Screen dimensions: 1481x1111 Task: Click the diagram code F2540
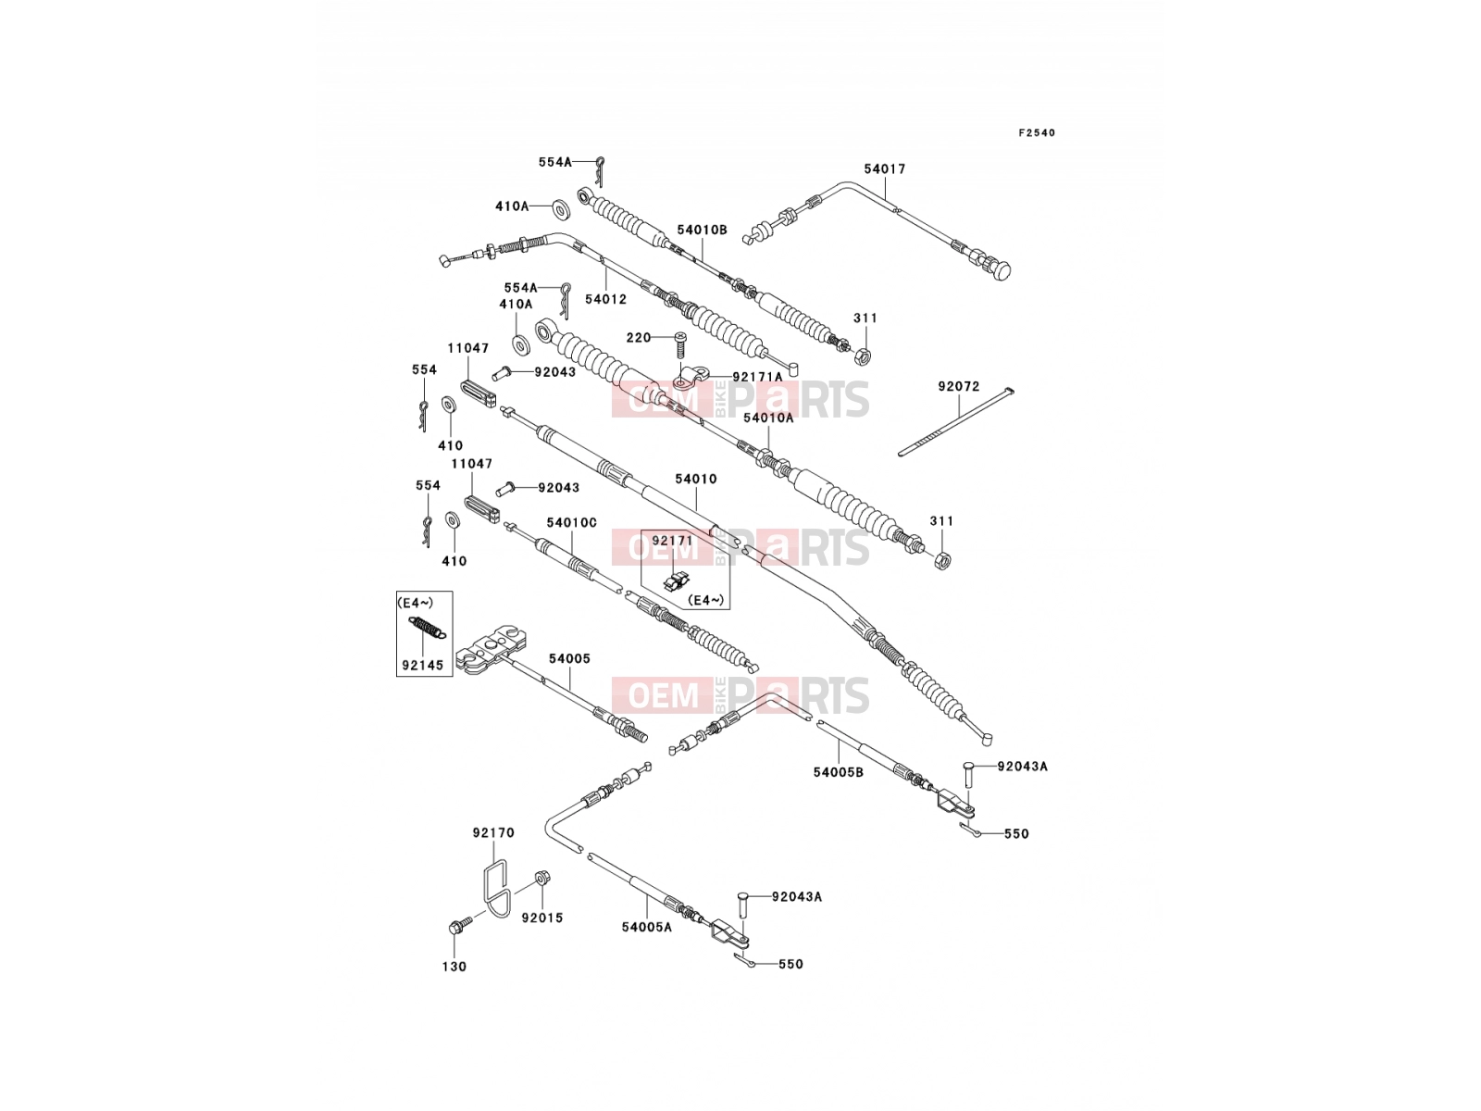tap(1037, 133)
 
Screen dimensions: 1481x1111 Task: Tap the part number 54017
tap(885, 169)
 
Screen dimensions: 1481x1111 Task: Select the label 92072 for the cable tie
tap(958, 386)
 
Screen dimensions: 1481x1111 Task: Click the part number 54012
tap(606, 299)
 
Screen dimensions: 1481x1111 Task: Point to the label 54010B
tap(703, 230)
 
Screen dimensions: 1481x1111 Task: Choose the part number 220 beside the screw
tap(639, 337)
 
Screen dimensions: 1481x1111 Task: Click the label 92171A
tap(758, 377)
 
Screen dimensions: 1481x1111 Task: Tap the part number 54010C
tap(571, 523)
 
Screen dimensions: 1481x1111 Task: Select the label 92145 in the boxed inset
tap(422, 665)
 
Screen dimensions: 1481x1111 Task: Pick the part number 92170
tap(493, 833)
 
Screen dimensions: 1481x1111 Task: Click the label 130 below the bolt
tap(454, 967)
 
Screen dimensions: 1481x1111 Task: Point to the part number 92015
tap(541, 918)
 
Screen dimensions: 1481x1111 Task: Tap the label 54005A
tap(647, 928)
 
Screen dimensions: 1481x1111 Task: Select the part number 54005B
tap(838, 772)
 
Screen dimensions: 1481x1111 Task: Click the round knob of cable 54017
tap(1001, 269)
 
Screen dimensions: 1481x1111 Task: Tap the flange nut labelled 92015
tap(541, 878)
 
